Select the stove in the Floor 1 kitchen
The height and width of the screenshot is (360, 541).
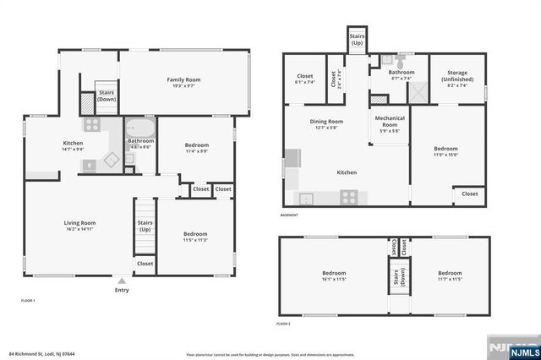(x=91, y=124)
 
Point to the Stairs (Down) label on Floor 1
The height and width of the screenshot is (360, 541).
(x=107, y=95)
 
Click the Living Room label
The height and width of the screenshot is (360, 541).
(x=79, y=226)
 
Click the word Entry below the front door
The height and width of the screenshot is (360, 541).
(x=123, y=291)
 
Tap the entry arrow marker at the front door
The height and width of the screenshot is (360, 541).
(x=123, y=281)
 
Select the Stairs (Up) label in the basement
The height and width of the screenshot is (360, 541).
(x=356, y=38)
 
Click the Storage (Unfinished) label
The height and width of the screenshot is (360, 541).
(x=456, y=76)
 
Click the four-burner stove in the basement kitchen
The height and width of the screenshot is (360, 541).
(x=348, y=197)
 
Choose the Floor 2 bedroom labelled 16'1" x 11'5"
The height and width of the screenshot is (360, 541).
(x=334, y=276)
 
